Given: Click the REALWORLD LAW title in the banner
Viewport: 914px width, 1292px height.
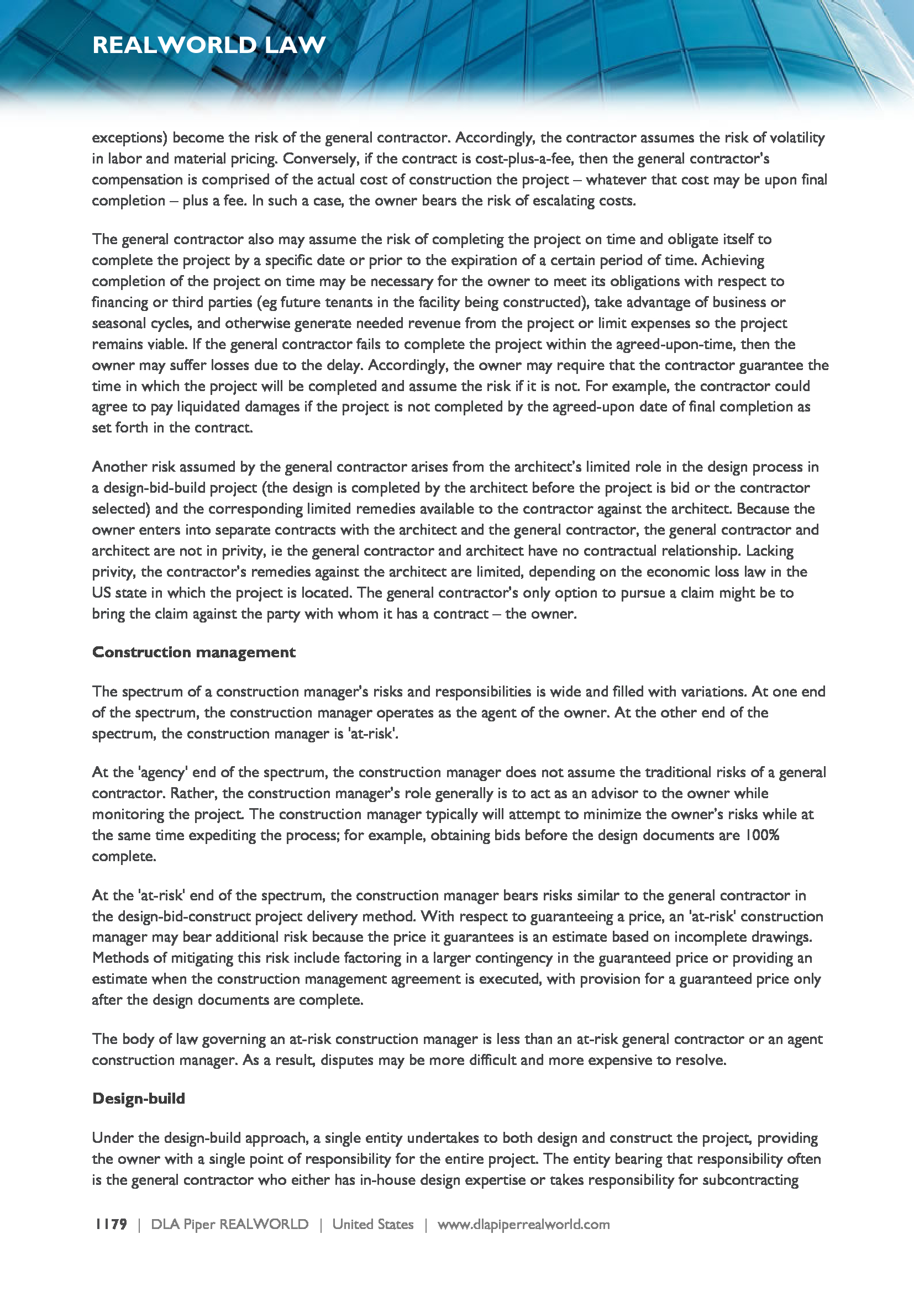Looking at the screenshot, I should (209, 45).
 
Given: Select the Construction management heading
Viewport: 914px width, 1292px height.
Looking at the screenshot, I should (193, 652).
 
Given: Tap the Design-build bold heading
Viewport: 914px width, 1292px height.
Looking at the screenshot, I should (139, 1099).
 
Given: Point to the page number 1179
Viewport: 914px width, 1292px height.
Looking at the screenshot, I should (111, 1224).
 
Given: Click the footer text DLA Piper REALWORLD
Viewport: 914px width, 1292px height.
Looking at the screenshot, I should (230, 1224).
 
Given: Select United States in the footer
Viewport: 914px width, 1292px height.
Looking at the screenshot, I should (372, 1224).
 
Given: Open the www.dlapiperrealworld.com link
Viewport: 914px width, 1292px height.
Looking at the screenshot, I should (523, 1224).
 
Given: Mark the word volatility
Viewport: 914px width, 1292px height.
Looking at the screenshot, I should (797, 138).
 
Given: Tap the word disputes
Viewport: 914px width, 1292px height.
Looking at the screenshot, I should (363, 1059).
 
